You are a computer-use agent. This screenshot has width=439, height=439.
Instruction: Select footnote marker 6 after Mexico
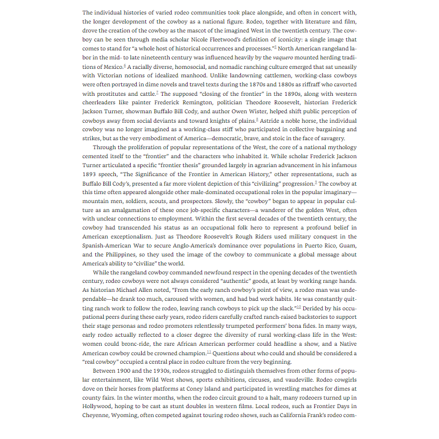pyautogui.click(x=124, y=65)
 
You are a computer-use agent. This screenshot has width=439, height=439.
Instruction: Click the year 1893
pyautogui.click(x=90, y=174)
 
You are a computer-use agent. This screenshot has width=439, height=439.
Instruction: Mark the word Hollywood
pyautogui.click(x=98, y=407)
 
